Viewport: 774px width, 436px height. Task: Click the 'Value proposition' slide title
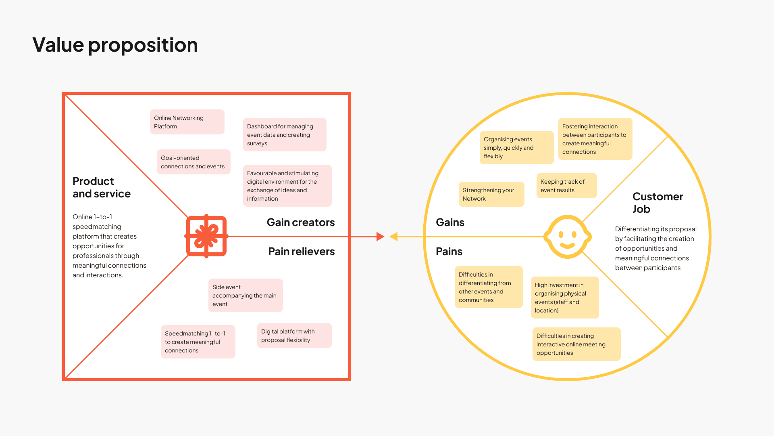115,45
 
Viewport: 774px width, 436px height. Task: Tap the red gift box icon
206,236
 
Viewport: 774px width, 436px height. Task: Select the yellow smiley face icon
567,237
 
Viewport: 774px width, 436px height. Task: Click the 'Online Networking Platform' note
187,122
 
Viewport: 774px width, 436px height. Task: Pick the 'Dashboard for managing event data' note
285,135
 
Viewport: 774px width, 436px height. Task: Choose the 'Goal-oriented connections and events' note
193,162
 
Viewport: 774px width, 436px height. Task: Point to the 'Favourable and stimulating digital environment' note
287,186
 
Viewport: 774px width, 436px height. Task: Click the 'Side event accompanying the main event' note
246,296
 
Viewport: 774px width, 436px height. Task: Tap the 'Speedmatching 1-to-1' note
198,342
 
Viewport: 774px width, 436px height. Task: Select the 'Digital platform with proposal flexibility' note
294,335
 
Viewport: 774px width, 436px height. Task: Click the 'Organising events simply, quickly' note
516,148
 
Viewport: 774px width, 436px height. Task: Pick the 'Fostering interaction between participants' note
595,139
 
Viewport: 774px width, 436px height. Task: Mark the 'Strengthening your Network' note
491,194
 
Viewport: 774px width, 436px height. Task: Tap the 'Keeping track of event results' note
566,186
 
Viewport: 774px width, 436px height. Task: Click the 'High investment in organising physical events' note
565,298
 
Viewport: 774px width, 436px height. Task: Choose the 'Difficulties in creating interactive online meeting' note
576,344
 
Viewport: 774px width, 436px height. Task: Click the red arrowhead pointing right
380,237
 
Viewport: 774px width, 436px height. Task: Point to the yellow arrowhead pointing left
394,237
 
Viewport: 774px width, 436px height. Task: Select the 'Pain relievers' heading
302,252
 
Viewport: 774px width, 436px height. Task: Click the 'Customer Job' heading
657,203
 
